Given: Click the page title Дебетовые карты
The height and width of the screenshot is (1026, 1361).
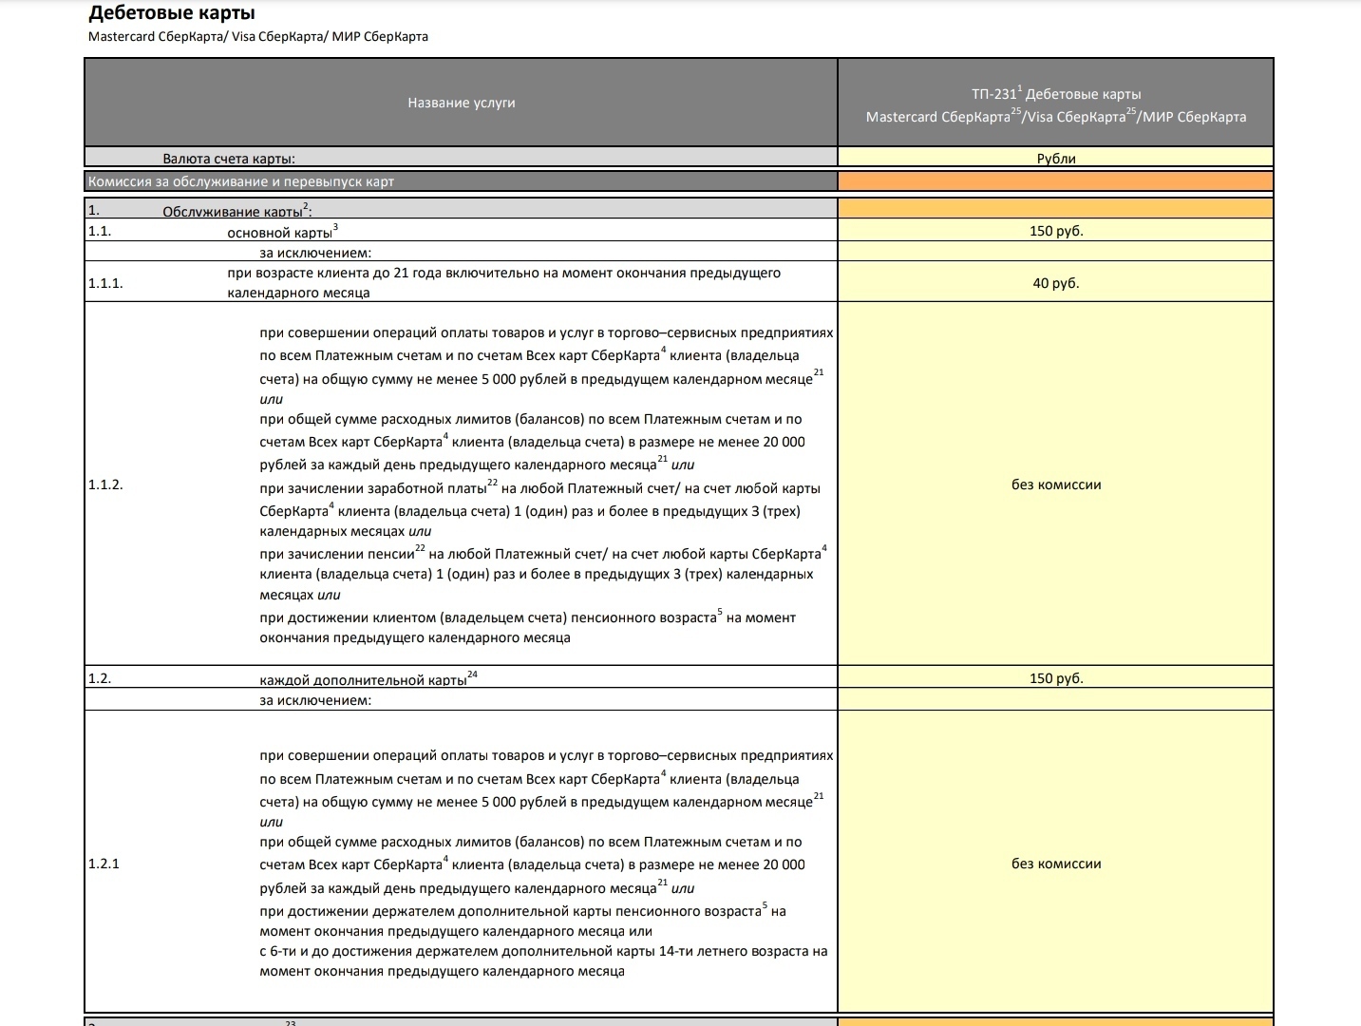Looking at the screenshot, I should (172, 13).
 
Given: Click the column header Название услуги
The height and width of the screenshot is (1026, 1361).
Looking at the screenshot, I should (462, 103).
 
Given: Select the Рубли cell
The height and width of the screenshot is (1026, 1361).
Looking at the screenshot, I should (1055, 159).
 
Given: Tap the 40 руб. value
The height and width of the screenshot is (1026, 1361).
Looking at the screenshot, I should (1055, 283).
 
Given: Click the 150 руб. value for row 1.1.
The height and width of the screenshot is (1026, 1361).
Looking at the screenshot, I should (1055, 231).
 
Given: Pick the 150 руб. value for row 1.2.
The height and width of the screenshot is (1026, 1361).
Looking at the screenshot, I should (1055, 678).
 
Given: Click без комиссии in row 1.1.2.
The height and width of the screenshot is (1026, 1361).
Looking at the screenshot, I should (1055, 484).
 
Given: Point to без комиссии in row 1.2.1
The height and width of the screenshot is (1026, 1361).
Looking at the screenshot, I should (1055, 864).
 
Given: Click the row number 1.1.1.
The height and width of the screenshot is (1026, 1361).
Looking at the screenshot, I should (105, 283).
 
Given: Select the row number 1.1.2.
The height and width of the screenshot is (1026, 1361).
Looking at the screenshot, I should (105, 484).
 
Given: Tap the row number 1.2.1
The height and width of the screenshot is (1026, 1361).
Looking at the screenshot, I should (104, 864).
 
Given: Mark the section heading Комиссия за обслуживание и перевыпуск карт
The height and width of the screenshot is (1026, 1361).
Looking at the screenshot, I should (241, 181).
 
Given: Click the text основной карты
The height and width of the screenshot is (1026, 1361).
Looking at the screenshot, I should (279, 233).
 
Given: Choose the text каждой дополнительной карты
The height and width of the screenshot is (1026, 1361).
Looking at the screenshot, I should (363, 680).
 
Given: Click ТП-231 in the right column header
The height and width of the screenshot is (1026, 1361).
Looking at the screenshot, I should (993, 94).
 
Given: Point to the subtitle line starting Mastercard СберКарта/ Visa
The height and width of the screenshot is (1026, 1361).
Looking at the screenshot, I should (257, 36).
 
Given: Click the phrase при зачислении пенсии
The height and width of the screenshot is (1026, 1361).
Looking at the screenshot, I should (336, 554).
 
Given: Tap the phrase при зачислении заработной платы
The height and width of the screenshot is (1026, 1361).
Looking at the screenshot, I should (372, 488).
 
